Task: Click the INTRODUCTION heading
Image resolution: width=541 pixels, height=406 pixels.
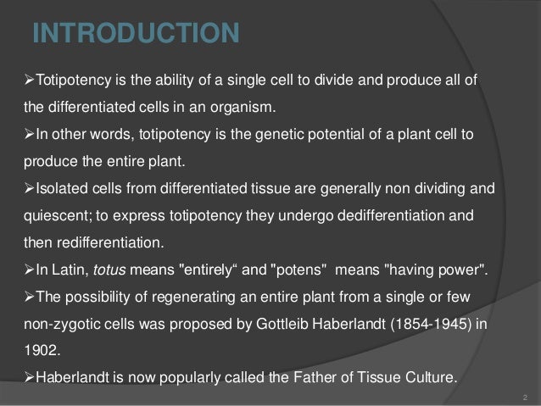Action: pos(136,33)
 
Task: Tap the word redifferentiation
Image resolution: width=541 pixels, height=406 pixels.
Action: pos(103,242)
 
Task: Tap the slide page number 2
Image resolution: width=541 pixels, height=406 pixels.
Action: pos(526,395)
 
